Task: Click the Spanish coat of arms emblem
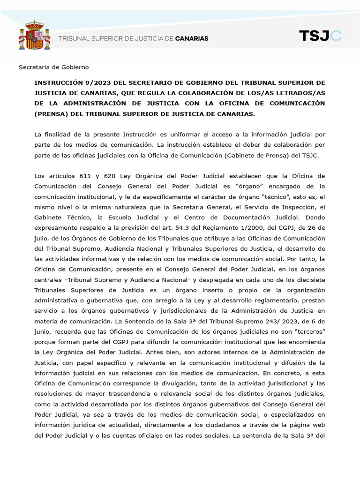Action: tap(31, 35)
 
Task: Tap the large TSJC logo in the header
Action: tap(320, 36)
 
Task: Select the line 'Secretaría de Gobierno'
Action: tap(53, 67)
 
